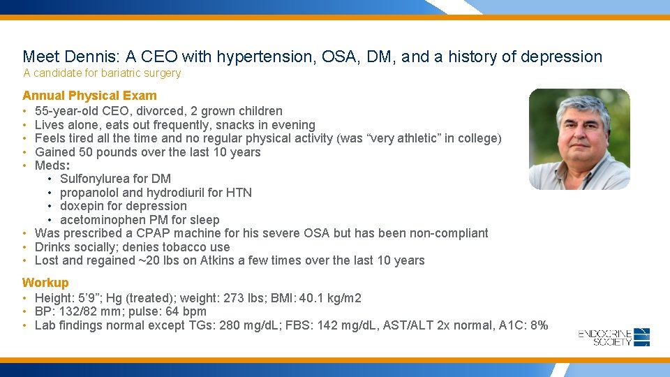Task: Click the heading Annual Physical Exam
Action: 89,96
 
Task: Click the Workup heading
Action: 45,283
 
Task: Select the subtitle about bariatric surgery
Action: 102,73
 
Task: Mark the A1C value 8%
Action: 538,325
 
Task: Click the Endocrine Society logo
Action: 614,337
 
